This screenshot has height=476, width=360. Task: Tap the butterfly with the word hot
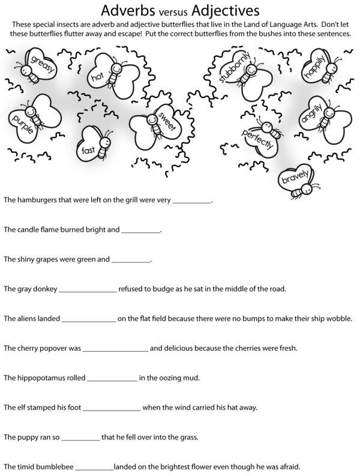[103, 75]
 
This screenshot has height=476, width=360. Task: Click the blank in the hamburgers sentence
[192, 200]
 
